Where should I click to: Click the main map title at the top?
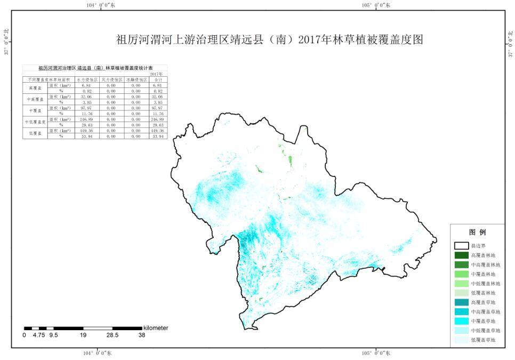[x=269, y=40]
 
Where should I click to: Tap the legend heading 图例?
[x=477, y=233]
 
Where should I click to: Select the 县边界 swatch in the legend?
[x=461, y=246]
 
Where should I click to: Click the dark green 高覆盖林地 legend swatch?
[x=461, y=255]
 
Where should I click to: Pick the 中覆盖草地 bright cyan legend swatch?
[x=461, y=321]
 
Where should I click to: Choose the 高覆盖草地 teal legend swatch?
[x=461, y=302]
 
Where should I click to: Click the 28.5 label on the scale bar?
[x=112, y=335]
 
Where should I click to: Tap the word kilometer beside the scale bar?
[x=155, y=327]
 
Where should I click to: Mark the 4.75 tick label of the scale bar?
[x=38, y=335]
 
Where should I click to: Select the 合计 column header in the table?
[x=157, y=79]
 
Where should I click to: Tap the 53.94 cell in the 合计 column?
[x=157, y=137]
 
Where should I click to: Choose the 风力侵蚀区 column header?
[x=112, y=79]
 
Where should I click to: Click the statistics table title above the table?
[x=95, y=68]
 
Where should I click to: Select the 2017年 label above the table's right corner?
[x=157, y=74]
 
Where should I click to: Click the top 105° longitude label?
[x=376, y=5]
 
